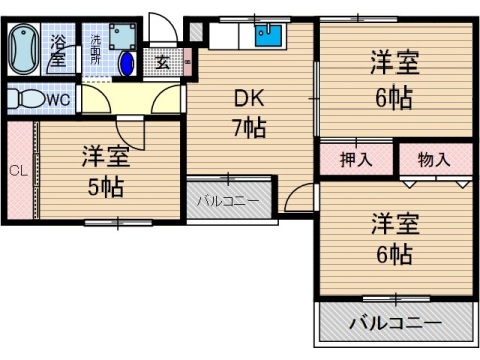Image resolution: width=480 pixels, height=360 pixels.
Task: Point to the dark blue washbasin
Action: (128, 64)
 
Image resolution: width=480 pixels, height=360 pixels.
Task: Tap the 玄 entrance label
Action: (162, 62)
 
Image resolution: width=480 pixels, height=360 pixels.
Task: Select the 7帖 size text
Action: (248, 127)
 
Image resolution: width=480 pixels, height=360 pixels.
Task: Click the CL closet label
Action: (18, 170)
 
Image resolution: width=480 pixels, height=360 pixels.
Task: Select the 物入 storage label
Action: (434, 159)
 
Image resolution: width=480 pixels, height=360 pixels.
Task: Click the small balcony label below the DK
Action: (227, 201)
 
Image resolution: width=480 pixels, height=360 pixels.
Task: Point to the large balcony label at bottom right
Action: (395, 324)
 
